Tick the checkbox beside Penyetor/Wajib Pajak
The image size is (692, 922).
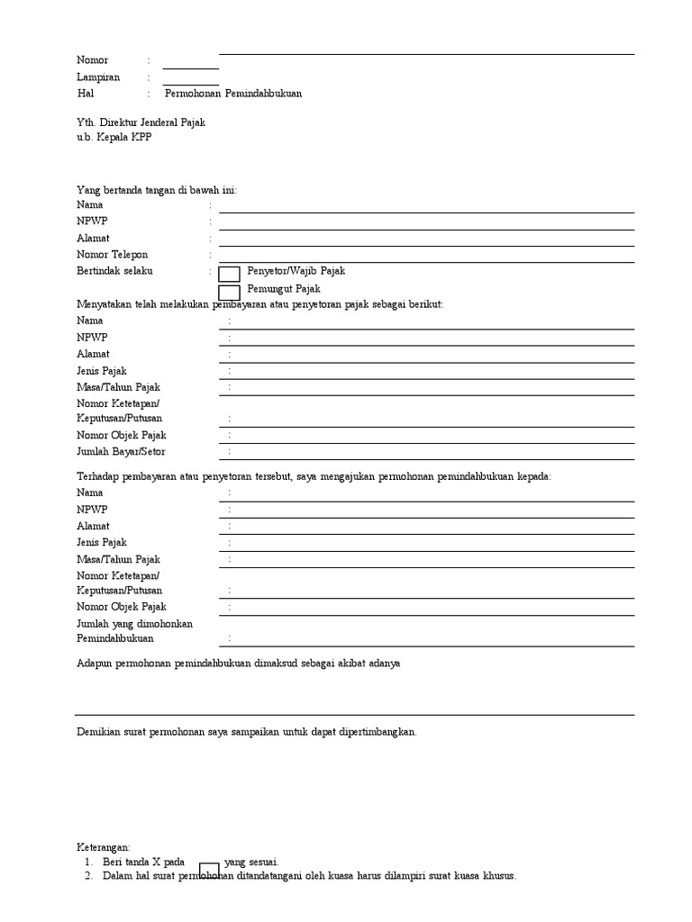[230, 274]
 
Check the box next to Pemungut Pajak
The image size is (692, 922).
[230, 292]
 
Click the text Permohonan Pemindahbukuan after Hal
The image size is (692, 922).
[233, 93]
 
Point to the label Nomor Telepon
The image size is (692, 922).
[112, 255]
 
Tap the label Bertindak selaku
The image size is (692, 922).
[114, 271]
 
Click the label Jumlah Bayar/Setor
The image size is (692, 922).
[121, 451]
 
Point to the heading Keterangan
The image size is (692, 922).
[104, 847]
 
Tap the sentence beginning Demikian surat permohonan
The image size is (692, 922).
[247, 732]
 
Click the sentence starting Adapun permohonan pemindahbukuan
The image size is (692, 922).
[238, 663]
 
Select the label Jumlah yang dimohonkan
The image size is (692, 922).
[135, 623]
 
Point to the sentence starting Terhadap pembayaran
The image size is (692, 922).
[314, 475]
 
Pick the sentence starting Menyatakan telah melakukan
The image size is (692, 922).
[260, 304]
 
